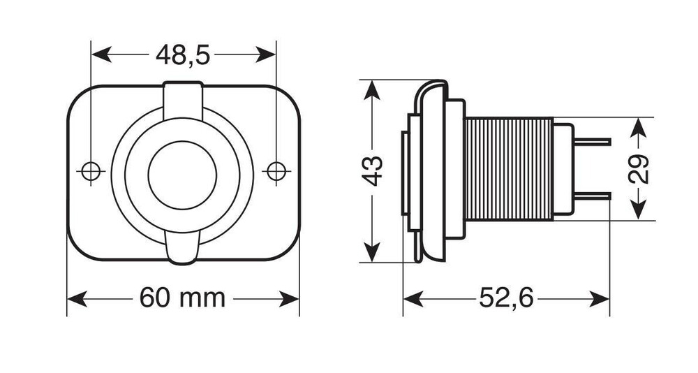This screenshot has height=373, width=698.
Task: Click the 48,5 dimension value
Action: click(183, 54)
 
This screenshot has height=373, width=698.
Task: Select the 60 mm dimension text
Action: click(183, 298)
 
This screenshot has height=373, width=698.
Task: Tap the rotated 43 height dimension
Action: click(375, 170)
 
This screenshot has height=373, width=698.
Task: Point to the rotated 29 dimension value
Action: click(639, 168)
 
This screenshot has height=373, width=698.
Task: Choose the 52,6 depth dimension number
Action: click(506, 299)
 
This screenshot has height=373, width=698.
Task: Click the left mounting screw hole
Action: click(90, 170)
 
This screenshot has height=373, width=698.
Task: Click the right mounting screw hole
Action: click(276, 170)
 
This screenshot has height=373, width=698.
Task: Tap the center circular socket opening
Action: click(183, 175)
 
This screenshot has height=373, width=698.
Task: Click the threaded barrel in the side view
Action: click(508, 170)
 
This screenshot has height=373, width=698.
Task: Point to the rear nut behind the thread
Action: click(563, 170)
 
